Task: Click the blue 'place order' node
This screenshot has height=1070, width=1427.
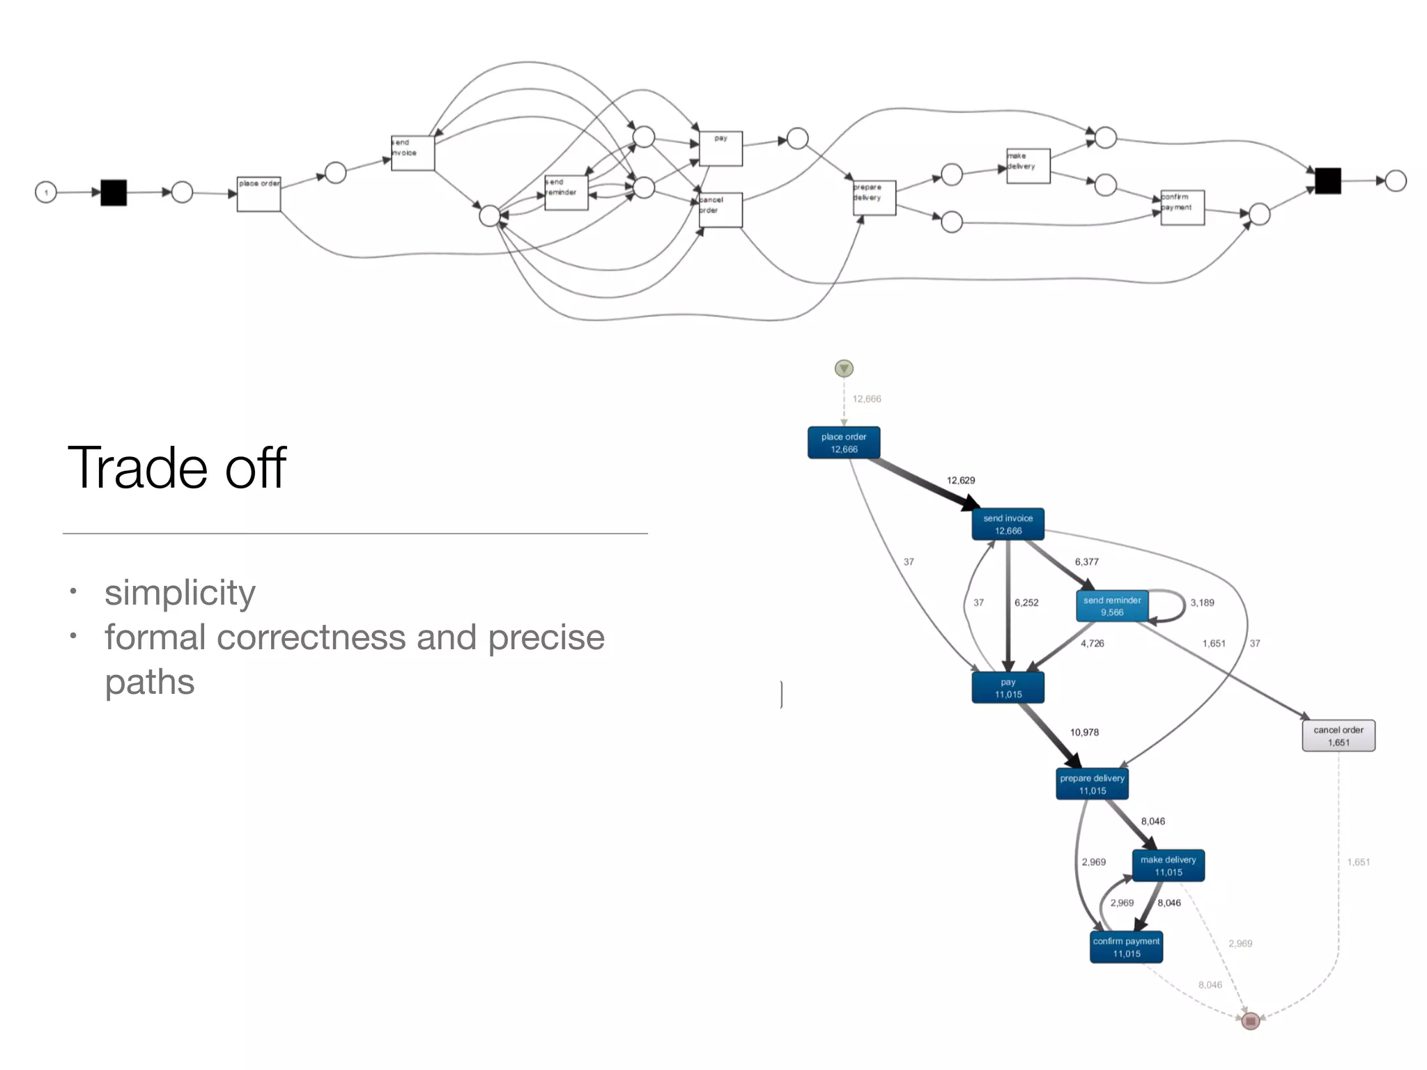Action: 843,443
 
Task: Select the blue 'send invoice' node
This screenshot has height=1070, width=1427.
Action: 1008,525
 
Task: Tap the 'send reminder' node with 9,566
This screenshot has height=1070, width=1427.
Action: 1111,606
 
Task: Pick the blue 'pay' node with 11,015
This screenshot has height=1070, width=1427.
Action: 1008,688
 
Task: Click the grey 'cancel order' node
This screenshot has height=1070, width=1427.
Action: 1338,736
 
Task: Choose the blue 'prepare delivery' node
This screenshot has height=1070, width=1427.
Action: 1092,784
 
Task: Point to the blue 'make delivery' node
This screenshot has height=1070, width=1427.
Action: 1168,866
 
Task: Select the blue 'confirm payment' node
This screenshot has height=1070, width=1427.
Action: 1126,947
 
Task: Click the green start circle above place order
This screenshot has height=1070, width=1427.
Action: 844,369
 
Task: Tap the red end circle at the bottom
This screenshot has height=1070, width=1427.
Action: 1250,1021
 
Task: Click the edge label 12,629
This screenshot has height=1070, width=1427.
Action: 960,481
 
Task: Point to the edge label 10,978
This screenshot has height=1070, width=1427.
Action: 1084,732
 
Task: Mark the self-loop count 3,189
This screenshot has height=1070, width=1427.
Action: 1202,603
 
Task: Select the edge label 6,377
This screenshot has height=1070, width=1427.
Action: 1086,561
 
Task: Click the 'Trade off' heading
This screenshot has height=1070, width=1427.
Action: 177,468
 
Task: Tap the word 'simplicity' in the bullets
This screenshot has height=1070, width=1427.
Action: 180,593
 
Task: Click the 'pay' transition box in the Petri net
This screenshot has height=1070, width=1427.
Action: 720,148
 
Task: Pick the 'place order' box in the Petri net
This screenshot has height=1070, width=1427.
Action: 259,194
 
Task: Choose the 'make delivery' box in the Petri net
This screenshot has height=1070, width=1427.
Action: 1028,166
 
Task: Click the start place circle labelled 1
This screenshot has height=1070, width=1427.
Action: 46,192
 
